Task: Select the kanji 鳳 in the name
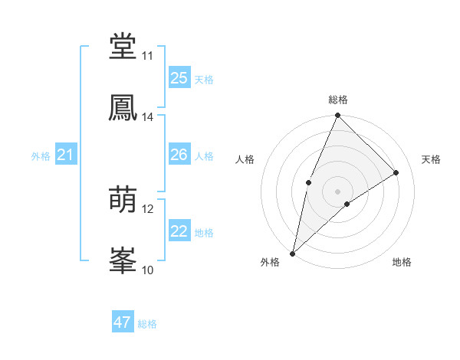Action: [x=123, y=108]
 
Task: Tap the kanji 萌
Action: [x=123, y=200]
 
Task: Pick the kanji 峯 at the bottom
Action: [x=123, y=260]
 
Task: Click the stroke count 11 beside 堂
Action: [x=148, y=56]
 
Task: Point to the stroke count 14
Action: [x=148, y=117]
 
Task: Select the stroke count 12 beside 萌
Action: [x=148, y=208]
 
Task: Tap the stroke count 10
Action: [x=148, y=270]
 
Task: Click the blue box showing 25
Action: [x=179, y=77]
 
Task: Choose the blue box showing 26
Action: [x=179, y=155]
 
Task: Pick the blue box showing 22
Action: [x=179, y=231]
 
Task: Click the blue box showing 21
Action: [x=66, y=155]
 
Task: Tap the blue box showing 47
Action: [x=123, y=322]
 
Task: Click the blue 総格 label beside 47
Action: [x=147, y=324]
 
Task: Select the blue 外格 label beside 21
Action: [x=41, y=156]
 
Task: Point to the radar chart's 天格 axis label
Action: [x=431, y=159]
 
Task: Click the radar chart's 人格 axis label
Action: [x=245, y=159]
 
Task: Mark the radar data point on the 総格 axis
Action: [x=337, y=116]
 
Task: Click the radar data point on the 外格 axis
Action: [x=292, y=253]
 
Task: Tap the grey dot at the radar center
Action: [x=337, y=191]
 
